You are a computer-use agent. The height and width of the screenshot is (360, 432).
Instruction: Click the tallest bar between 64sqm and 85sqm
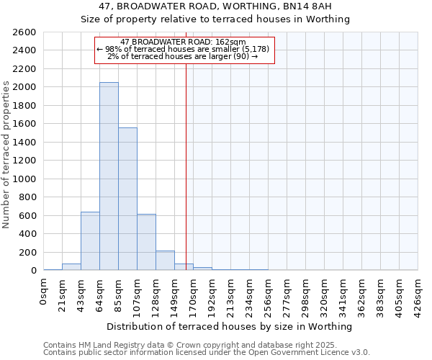click(109, 176)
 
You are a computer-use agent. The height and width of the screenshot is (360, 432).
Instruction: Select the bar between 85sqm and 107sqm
click(127, 199)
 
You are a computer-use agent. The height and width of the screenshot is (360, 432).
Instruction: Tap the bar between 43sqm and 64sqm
click(90, 241)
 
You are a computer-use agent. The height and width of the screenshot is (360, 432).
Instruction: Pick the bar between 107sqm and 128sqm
click(146, 242)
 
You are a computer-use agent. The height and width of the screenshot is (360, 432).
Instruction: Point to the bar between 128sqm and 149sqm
click(165, 261)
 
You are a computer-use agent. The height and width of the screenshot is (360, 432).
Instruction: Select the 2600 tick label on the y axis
click(24, 32)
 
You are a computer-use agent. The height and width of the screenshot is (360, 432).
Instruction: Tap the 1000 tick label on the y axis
click(24, 179)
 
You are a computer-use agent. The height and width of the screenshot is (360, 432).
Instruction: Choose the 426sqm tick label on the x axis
click(418, 294)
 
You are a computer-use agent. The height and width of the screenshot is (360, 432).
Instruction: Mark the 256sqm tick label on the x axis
click(268, 294)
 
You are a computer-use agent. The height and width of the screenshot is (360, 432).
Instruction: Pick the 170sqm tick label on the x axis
click(193, 294)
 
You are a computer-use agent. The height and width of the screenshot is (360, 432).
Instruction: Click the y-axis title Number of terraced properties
click(6, 155)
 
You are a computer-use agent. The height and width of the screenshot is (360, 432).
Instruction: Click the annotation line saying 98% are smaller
click(183, 49)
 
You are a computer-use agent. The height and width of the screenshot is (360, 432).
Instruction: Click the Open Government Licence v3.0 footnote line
click(207, 353)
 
